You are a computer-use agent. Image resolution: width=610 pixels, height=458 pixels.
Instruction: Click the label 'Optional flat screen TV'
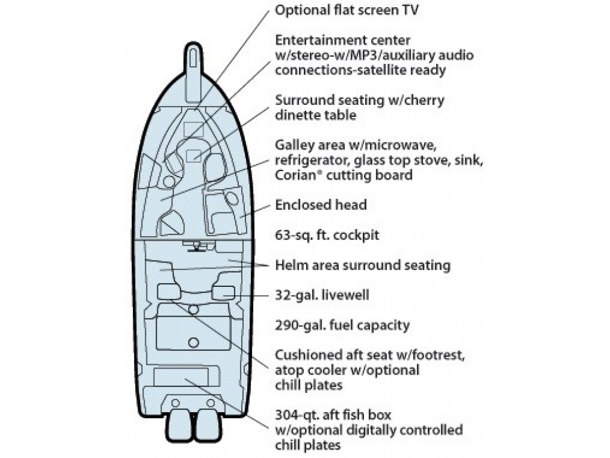tap(347, 10)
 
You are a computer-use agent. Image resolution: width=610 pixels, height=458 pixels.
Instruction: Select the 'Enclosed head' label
tap(320, 205)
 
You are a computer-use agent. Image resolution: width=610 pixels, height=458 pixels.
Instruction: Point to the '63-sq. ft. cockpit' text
tap(327, 235)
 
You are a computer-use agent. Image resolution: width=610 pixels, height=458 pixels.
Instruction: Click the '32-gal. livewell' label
tap(322, 295)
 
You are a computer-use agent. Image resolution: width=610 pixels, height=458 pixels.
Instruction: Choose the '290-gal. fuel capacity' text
tap(343, 325)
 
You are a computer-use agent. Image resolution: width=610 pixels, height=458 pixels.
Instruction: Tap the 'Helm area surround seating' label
tap(363, 265)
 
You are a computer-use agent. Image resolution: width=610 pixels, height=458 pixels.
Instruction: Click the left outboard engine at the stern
tap(179, 426)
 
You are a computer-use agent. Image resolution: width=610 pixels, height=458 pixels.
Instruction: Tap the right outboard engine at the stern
tap(208, 426)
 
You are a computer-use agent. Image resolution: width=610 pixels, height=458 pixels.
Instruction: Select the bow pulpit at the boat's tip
tap(194, 72)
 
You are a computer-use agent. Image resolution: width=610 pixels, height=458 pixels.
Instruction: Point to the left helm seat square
tap(169, 292)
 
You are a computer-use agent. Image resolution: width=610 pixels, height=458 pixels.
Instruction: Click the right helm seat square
tap(223, 292)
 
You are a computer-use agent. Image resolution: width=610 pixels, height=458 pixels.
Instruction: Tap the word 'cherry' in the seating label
tap(424, 101)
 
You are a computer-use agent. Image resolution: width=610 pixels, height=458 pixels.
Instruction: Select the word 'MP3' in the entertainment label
tap(361, 55)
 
